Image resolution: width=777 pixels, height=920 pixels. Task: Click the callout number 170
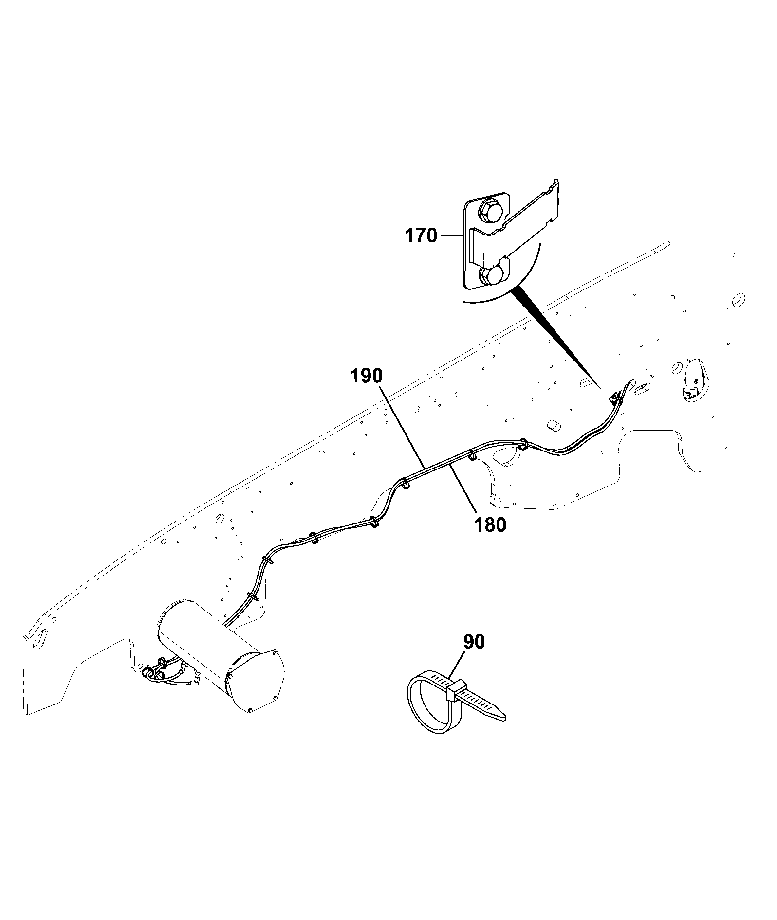coord(421,236)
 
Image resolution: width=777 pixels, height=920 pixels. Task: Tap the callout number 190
coord(367,376)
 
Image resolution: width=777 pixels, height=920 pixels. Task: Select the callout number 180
coord(490,524)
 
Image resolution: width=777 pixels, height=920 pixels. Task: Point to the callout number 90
coord(474,642)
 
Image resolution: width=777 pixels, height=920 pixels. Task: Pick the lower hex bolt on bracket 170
coord(491,275)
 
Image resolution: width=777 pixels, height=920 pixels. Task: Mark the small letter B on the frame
coord(672,299)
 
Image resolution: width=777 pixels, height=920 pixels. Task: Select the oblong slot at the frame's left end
coord(43,639)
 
